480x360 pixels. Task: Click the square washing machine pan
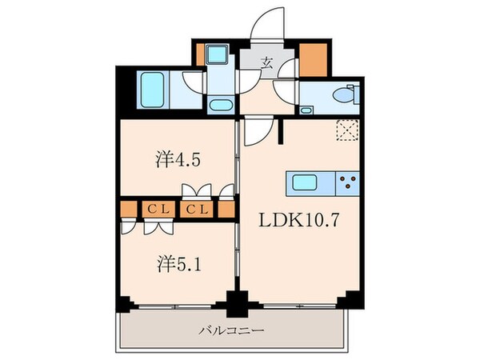(218, 55)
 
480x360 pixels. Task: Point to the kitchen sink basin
(305, 183)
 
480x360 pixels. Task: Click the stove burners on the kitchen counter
(348, 184)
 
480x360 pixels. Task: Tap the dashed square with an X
(348, 130)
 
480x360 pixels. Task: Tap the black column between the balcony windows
(236, 304)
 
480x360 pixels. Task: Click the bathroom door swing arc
(192, 82)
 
